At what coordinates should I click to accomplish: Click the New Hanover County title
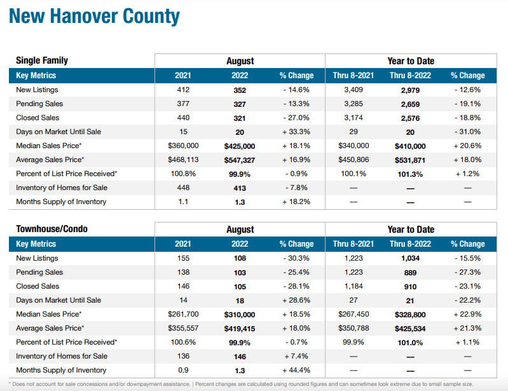coord(94,17)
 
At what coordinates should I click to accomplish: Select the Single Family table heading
coord(42,61)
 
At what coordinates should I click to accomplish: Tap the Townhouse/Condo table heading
coord(52,229)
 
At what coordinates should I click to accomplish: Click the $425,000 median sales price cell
coord(240,146)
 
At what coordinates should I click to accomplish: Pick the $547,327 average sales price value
coord(240,160)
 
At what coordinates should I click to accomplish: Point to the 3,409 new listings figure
coord(353,90)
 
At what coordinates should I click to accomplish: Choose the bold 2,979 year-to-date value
coord(410,90)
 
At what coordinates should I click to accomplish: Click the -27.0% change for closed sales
coord(296,118)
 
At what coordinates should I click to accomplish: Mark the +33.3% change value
coord(296,132)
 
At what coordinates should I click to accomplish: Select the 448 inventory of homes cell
coord(183,188)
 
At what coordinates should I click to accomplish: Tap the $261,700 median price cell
coord(183,314)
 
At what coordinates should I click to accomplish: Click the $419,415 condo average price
coord(240,328)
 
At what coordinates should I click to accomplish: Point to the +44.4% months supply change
coord(296,370)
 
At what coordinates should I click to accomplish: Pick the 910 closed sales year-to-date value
coord(410,286)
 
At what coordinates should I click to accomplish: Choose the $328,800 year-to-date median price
coord(410,314)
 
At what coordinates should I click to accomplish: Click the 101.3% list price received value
coord(410,174)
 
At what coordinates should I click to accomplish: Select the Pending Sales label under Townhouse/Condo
coord(39,272)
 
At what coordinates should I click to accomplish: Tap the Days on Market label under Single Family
coord(58,132)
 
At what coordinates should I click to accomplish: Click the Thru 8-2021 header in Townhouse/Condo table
coord(353,244)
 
